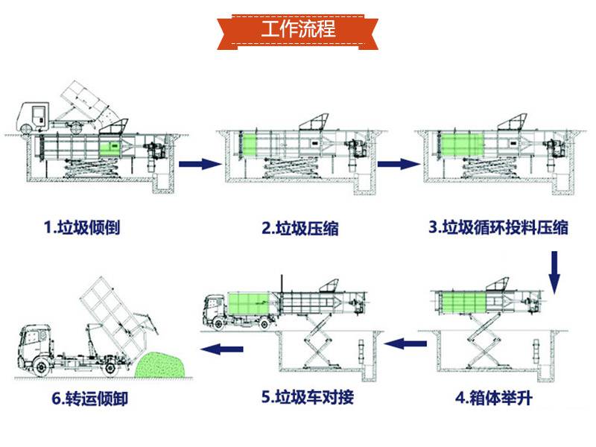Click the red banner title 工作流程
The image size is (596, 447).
coord(298,30)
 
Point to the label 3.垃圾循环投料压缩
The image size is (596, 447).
coord(498,227)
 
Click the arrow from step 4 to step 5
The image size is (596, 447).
coord(410,343)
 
